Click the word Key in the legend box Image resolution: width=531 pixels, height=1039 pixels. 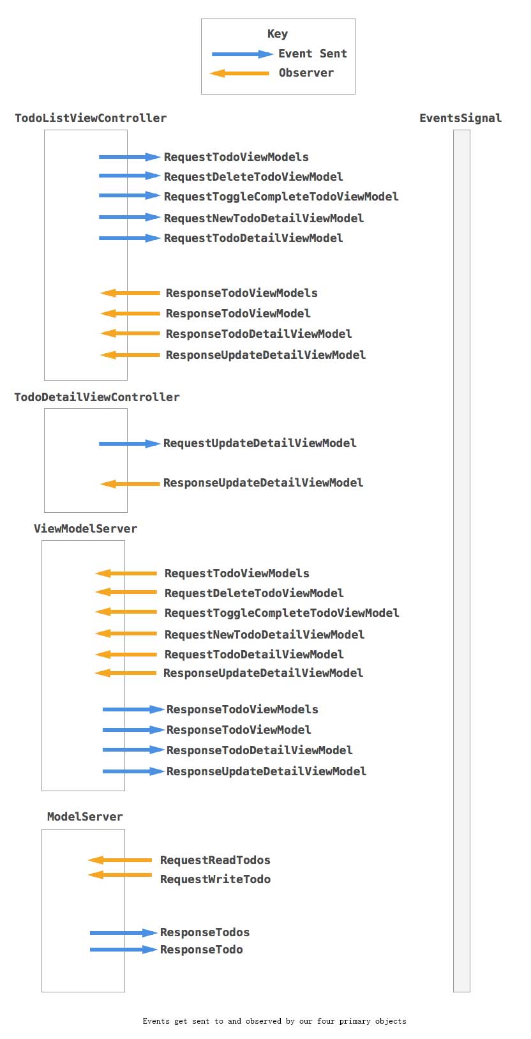tap(277, 34)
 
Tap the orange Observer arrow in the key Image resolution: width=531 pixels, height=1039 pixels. tap(239, 73)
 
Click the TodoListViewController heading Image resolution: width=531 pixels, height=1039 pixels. tap(91, 118)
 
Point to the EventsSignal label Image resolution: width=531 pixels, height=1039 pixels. tap(460, 118)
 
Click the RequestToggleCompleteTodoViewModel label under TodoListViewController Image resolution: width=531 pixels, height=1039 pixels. tap(281, 197)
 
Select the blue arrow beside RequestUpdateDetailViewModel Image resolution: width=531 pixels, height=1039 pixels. tap(129, 443)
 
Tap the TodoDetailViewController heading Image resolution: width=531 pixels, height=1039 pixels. tap(97, 397)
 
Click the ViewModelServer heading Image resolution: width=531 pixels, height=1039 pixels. tap(86, 529)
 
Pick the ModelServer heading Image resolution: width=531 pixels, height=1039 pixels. tap(85, 817)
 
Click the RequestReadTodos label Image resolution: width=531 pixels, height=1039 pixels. tap(215, 860)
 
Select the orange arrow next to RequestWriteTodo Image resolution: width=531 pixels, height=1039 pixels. tap(120, 875)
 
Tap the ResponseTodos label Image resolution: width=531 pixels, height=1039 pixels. tap(204, 932)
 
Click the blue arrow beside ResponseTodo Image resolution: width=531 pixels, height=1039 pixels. tap(123, 950)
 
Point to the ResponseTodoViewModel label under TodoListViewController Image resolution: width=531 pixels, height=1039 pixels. tap(238, 314)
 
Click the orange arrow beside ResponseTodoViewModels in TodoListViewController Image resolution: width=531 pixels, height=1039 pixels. tap(130, 293)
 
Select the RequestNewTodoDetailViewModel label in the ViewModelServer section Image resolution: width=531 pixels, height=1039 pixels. tap(264, 635)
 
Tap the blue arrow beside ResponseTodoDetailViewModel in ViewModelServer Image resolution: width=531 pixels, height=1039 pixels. tap(133, 750)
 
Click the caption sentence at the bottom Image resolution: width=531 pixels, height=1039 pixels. tap(274, 1021)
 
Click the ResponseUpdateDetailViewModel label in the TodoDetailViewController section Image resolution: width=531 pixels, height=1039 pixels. tap(263, 483)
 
